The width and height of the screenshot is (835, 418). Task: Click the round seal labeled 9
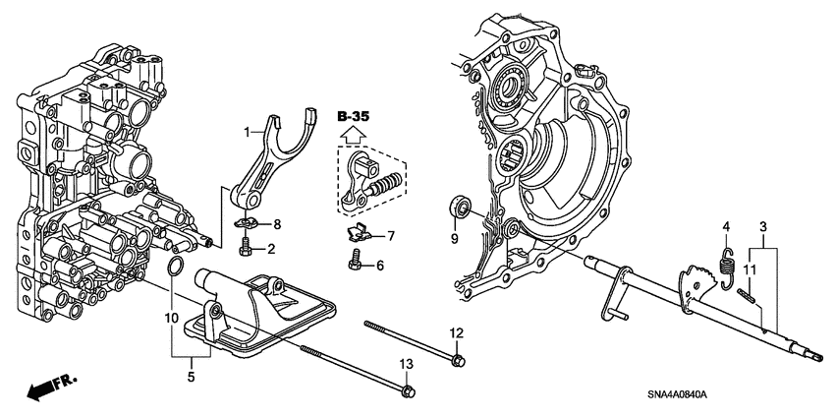460,208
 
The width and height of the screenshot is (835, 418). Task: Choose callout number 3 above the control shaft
762,227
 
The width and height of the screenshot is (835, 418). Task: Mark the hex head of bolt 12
456,362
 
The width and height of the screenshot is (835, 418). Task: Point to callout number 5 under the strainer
192,375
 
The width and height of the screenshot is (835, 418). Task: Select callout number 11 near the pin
750,269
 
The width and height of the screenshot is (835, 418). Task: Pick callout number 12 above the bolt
456,332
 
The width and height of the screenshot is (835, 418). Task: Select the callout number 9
454,238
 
